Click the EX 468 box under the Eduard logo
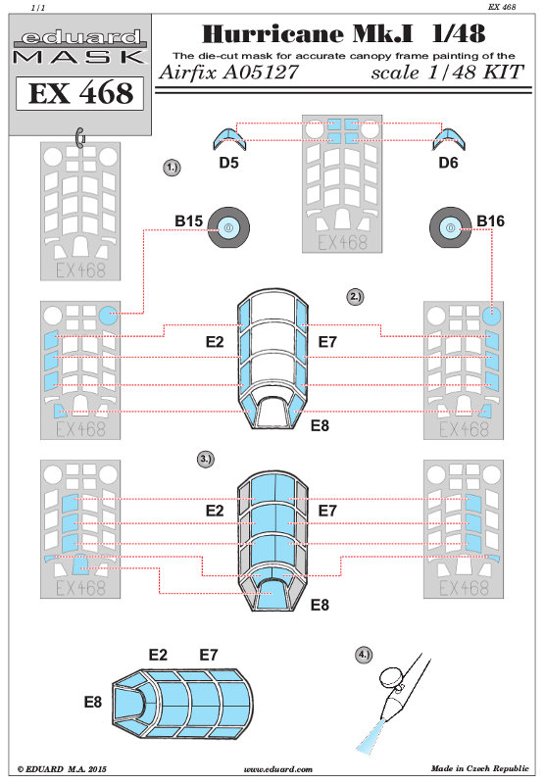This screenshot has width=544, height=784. click(80, 93)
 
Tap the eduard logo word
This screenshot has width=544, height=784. click(81, 37)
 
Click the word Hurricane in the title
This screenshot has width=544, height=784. click(272, 34)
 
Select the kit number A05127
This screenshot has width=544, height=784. click(261, 73)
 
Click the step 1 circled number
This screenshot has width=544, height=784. click(172, 168)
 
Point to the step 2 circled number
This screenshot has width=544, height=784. click(355, 297)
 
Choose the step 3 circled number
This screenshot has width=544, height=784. click(206, 459)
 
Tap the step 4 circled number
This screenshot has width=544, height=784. click(364, 655)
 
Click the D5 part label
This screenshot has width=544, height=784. click(228, 163)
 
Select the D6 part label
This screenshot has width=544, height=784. click(448, 163)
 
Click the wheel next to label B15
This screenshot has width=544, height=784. click(228, 228)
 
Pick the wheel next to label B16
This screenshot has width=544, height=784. click(451, 228)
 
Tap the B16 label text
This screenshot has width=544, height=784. click(490, 221)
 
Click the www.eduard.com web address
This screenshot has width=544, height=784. click(277, 769)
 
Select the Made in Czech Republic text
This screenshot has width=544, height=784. click(479, 768)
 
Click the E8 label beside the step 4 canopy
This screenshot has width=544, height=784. click(92, 702)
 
